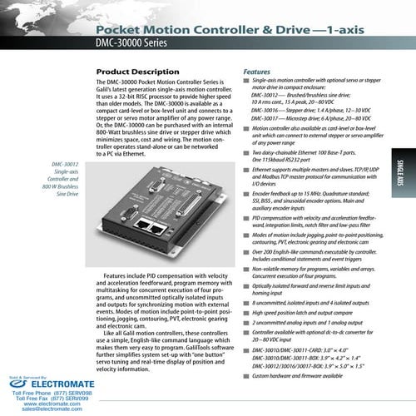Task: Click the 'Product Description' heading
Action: pyautogui.click(x=137, y=72)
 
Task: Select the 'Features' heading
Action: pyautogui.click(x=255, y=72)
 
